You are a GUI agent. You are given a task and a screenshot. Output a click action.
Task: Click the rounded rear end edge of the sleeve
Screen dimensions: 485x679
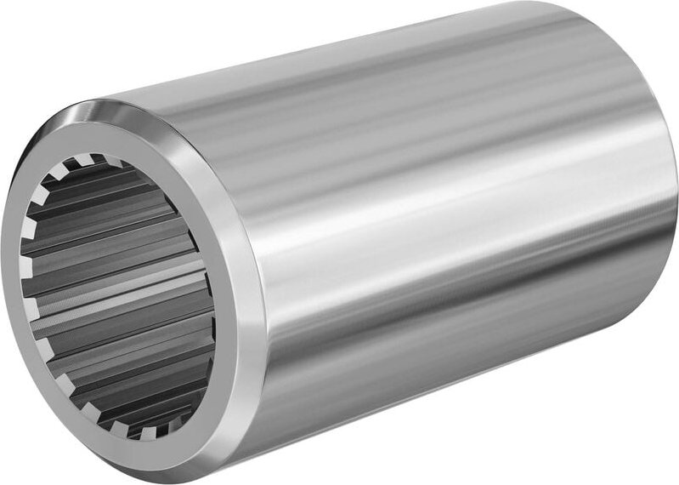tap(667, 170)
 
